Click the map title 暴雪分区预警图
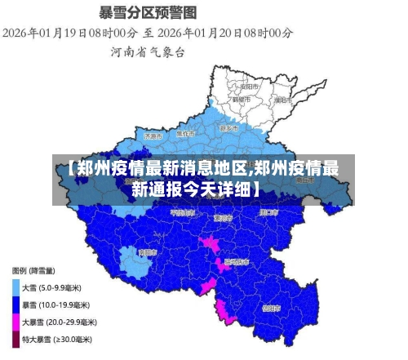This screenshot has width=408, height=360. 147,12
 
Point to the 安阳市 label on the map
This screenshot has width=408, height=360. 250,85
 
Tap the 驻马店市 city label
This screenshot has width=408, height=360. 236,263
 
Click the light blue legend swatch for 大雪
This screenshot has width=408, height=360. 16,287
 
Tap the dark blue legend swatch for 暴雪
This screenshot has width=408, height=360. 16,304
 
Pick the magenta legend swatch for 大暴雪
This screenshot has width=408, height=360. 16,322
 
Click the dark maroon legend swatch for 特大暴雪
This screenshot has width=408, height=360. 16,339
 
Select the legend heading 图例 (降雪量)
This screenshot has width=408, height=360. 33,270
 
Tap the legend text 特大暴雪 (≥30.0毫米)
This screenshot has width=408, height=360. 56,339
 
